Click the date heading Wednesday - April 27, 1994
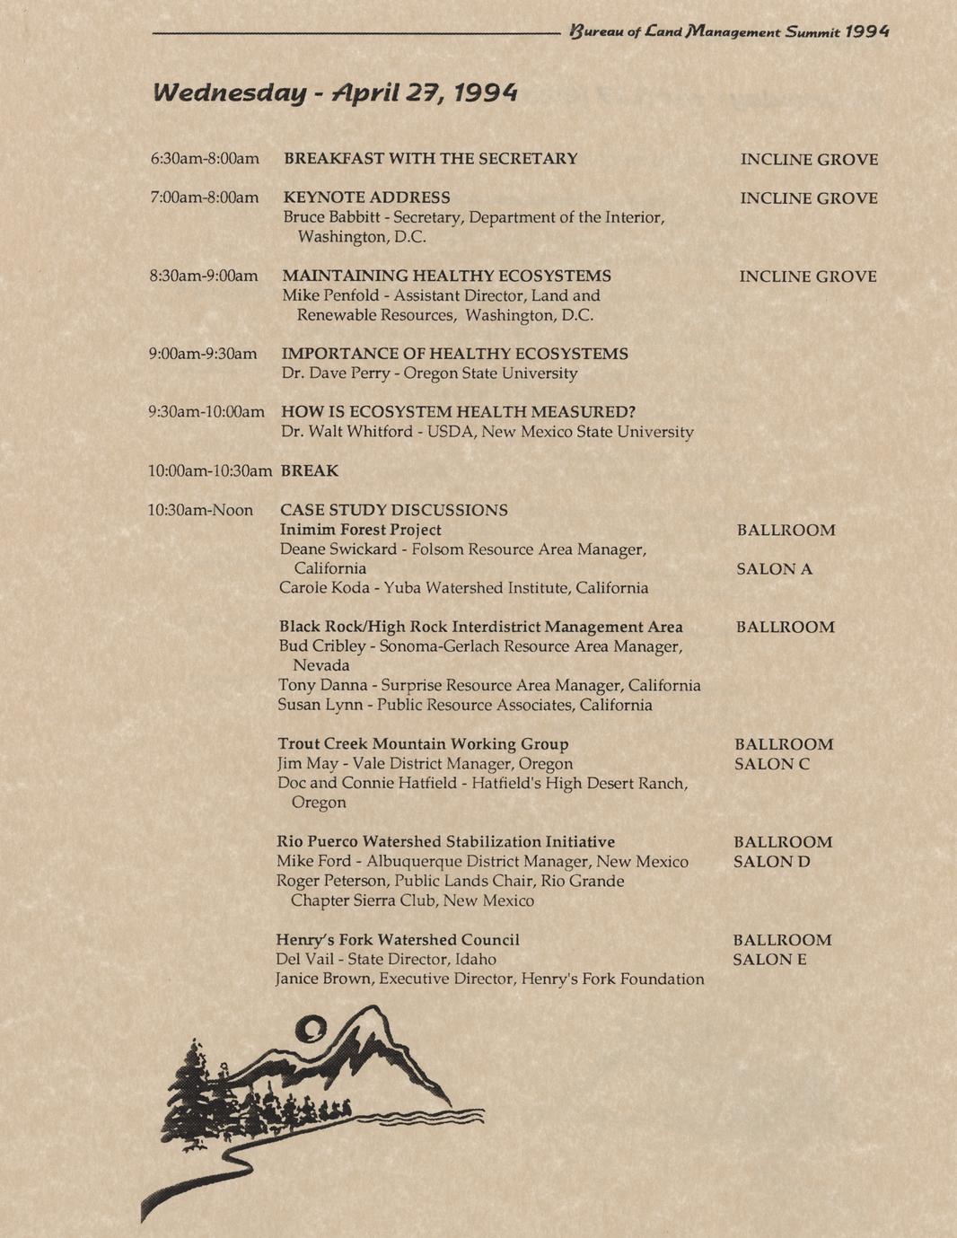[x=335, y=92]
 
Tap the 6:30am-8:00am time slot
[x=205, y=159]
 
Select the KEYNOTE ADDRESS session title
[x=367, y=198]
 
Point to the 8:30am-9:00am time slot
[x=204, y=276]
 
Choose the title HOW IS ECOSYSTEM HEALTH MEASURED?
[x=459, y=412]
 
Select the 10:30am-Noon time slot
[x=200, y=510]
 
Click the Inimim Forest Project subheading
[x=361, y=530]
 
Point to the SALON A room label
[x=774, y=569]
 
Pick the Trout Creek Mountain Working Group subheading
[x=423, y=744]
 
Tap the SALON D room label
[x=771, y=862]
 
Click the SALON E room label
[x=769, y=960]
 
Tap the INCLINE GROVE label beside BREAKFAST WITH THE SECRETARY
[x=809, y=160]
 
